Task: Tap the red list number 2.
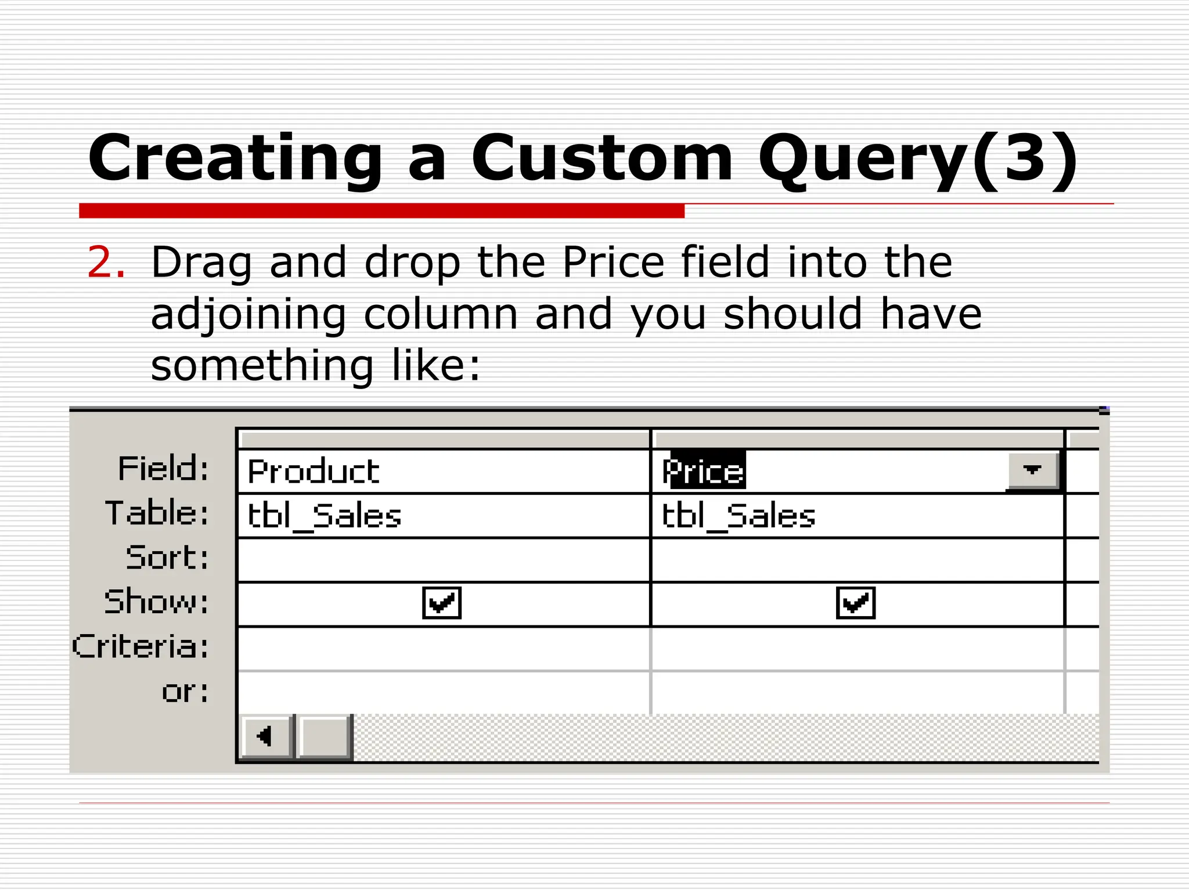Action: tap(105, 262)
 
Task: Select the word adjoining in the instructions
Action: tap(248, 314)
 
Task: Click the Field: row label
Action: tap(163, 469)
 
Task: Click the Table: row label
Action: tap(157, 513)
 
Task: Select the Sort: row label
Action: tap(167, 557)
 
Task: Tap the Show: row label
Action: tap(156, 602)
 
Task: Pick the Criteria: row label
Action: tap(140, 646)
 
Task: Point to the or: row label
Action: tap(185, 691)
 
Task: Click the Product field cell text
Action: tap(314, 471)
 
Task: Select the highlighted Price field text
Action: tap(704, 471)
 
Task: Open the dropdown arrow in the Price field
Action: tap(1032, 470)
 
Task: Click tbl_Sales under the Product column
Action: tap(325, 516)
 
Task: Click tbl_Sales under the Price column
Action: tap(738, 516)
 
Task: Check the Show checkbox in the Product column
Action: tap(442, 603)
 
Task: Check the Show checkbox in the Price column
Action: tap(855, 603)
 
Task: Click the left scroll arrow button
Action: tap(265, 736)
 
